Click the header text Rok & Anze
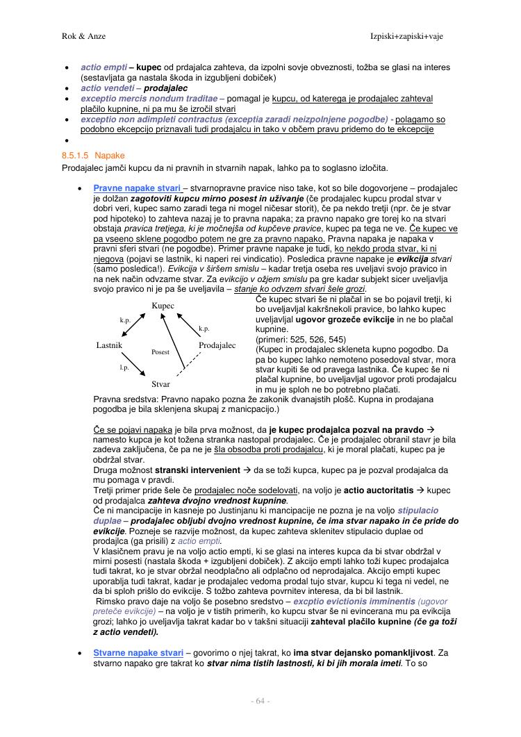tap(78, 35)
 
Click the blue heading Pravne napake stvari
tap(137, 188)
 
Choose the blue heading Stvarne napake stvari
tap(138, 653)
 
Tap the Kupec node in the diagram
tap(163, 306)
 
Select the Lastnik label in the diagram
tap(109, 345)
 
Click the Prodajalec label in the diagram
tap(217, 345)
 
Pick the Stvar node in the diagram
tap(160, 384)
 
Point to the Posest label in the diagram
tap(160, 352)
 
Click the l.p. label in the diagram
tap(124, 366)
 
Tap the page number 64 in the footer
tap(260, 701)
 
